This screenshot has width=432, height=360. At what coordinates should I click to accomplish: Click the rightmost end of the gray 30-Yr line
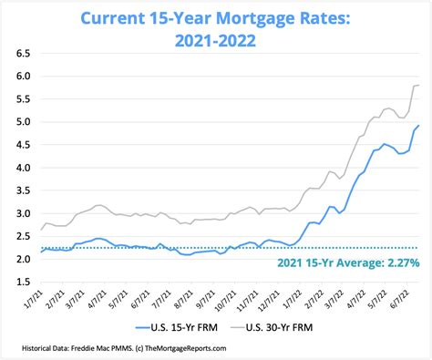[418, 86]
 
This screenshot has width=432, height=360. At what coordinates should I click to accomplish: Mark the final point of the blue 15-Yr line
[418, 126]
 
